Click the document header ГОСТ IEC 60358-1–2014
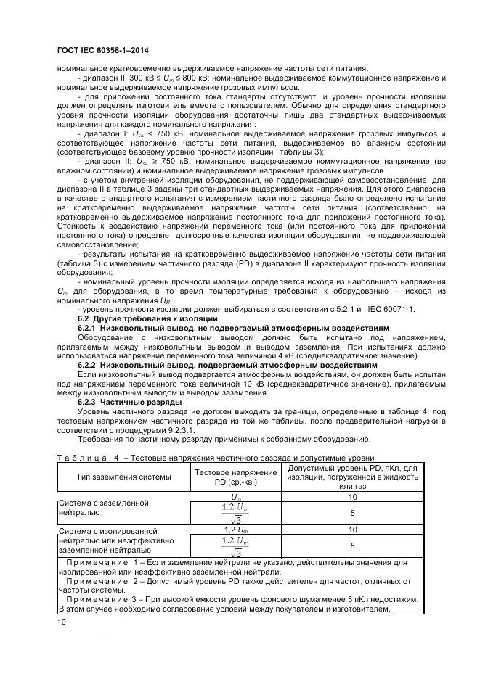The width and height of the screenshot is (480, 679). [99, 52]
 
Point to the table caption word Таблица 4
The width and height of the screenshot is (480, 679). [85, 458]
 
